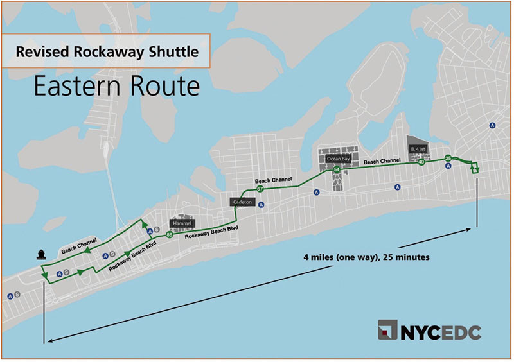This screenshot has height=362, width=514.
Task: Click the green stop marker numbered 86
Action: pos(169,236)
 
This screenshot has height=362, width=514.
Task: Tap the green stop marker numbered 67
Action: pos(260,189)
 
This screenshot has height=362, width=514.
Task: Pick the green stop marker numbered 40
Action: pos(421,162)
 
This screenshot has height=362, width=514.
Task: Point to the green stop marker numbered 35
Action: pos(448,158)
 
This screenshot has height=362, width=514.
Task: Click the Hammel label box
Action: pos(181,223)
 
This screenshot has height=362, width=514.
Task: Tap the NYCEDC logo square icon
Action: pos(387,332)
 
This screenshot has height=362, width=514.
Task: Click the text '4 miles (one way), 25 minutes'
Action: pos(366,257)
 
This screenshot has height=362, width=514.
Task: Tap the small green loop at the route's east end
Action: pos(475,168)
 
